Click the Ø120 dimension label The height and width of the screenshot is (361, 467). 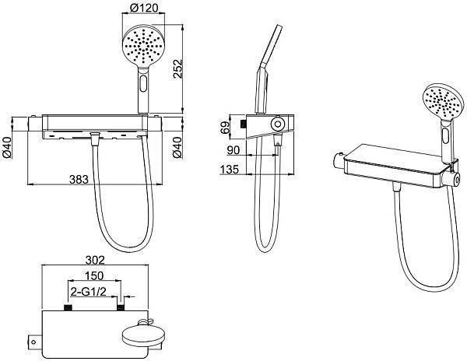click(144, 8)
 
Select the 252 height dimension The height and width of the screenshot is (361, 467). click(177, 68)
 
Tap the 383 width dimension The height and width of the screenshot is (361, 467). click(79, 180)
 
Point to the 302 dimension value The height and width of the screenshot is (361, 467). click(95, 260)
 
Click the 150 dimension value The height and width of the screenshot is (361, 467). click(94, 276)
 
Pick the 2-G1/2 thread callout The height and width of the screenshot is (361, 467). click(89, 292)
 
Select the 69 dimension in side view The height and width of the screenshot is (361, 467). click(226, 128)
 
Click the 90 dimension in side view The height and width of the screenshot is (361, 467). click(233, 150)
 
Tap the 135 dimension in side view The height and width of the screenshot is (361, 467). click(230, 170)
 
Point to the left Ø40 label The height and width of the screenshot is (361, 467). click(6, 147)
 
